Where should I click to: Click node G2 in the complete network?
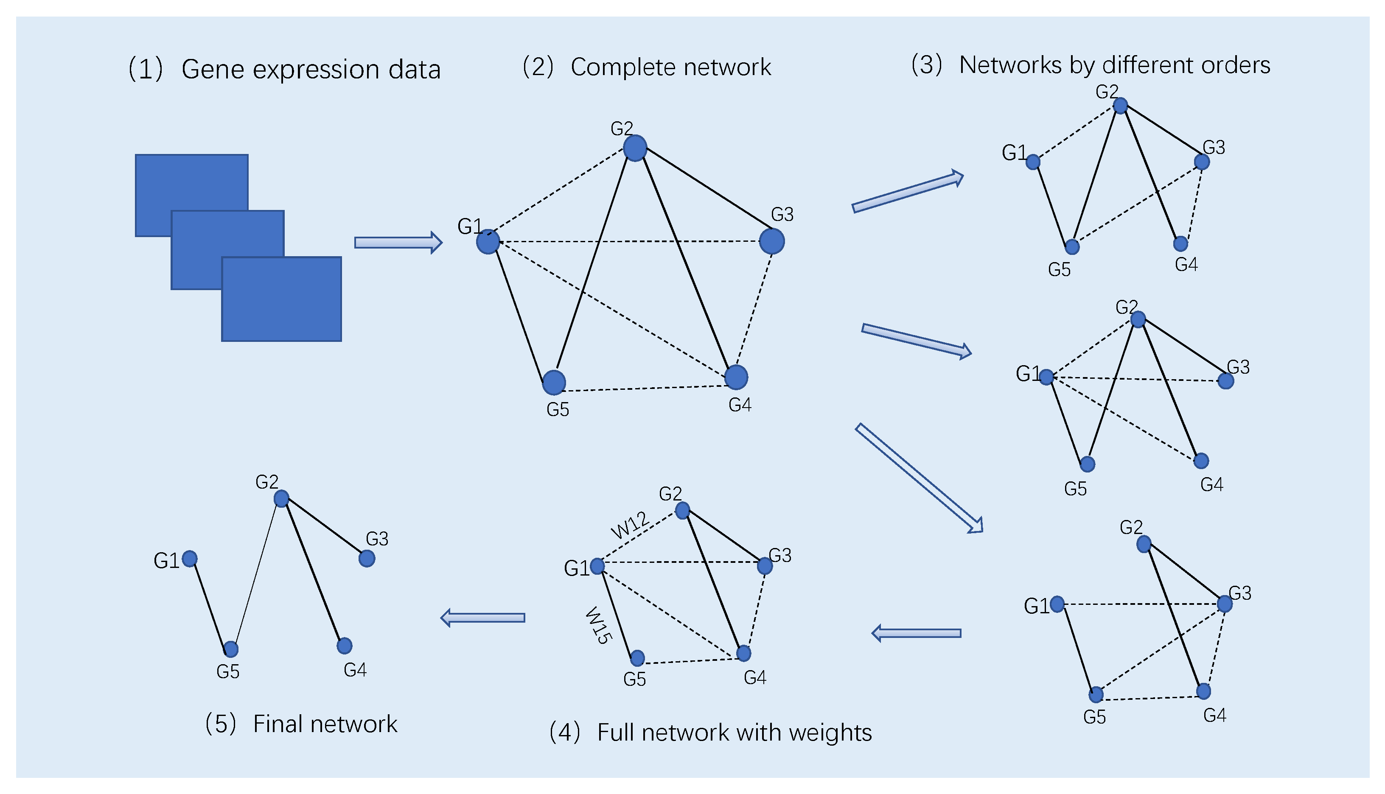coord(635,148)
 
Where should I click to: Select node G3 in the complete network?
coord(772,241)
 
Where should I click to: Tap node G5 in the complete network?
coord(554,382)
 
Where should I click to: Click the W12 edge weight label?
coord(630,525)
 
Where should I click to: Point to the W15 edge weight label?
coord(598,626)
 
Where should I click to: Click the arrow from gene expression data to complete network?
coord(398,243)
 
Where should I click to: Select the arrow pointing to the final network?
coord(483,618)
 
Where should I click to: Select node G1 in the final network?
coord(190,559)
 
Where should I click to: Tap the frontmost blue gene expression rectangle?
coord(281,299)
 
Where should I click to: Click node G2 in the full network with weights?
coord(682,510)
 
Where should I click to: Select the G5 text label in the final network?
coord(228,672)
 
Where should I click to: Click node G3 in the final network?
coord(367,559)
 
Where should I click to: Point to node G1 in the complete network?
coord(488,242)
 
